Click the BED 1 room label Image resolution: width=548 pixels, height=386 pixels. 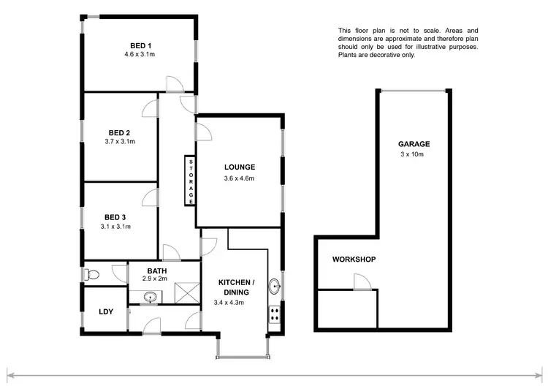pyautogui.click(x=137, y=45)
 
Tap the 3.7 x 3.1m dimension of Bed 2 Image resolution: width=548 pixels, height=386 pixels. pyautogui.click(x=121, y=141)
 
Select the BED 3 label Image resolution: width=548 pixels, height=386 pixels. pyautogui.click(x=115, y=217)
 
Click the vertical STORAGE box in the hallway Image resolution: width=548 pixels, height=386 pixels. pyautogui.click(x=191, y=180)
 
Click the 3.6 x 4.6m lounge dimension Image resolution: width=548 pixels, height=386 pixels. pyautogui.click(x=239, y=178)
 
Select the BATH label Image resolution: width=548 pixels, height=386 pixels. pyautogui.click(x=157, y=270)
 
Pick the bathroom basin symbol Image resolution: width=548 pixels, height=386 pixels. pyautogui.click(x=151, y=298)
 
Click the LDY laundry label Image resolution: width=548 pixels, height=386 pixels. pyautogui.click(x=106, y=312)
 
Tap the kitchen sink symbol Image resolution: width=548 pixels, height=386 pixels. pyautogui.click(x=274, y=286)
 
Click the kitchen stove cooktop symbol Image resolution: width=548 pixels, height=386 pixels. pyautogui.click(x=275, y=314)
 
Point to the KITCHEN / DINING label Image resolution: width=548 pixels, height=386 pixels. pyautogui.click(x=237, y=287)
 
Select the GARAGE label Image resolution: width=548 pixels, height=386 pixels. pyautogui.click(x=414, y=144)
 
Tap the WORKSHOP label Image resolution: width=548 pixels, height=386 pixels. pyautogui.click(x=354, y=260)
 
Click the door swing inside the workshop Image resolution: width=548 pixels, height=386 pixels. pyautogui.click(x=360, y=282)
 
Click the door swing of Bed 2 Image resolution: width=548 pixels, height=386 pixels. pyautogui.click(x=149, y=108)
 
